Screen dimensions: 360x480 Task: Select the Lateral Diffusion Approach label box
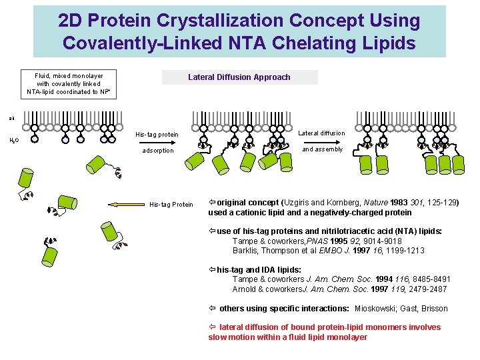[239, 77]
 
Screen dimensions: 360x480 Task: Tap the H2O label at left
[13, 140]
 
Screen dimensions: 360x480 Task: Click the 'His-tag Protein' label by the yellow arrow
[171, 205]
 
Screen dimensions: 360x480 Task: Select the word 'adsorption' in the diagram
[158, 151]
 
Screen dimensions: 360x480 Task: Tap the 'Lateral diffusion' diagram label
[321, 133]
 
